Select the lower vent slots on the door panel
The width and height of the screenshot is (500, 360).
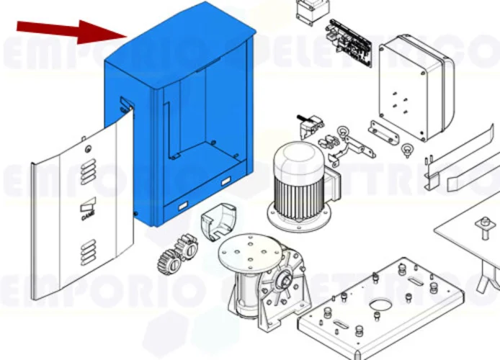[89, 252]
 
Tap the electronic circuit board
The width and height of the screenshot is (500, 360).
[351, 42]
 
